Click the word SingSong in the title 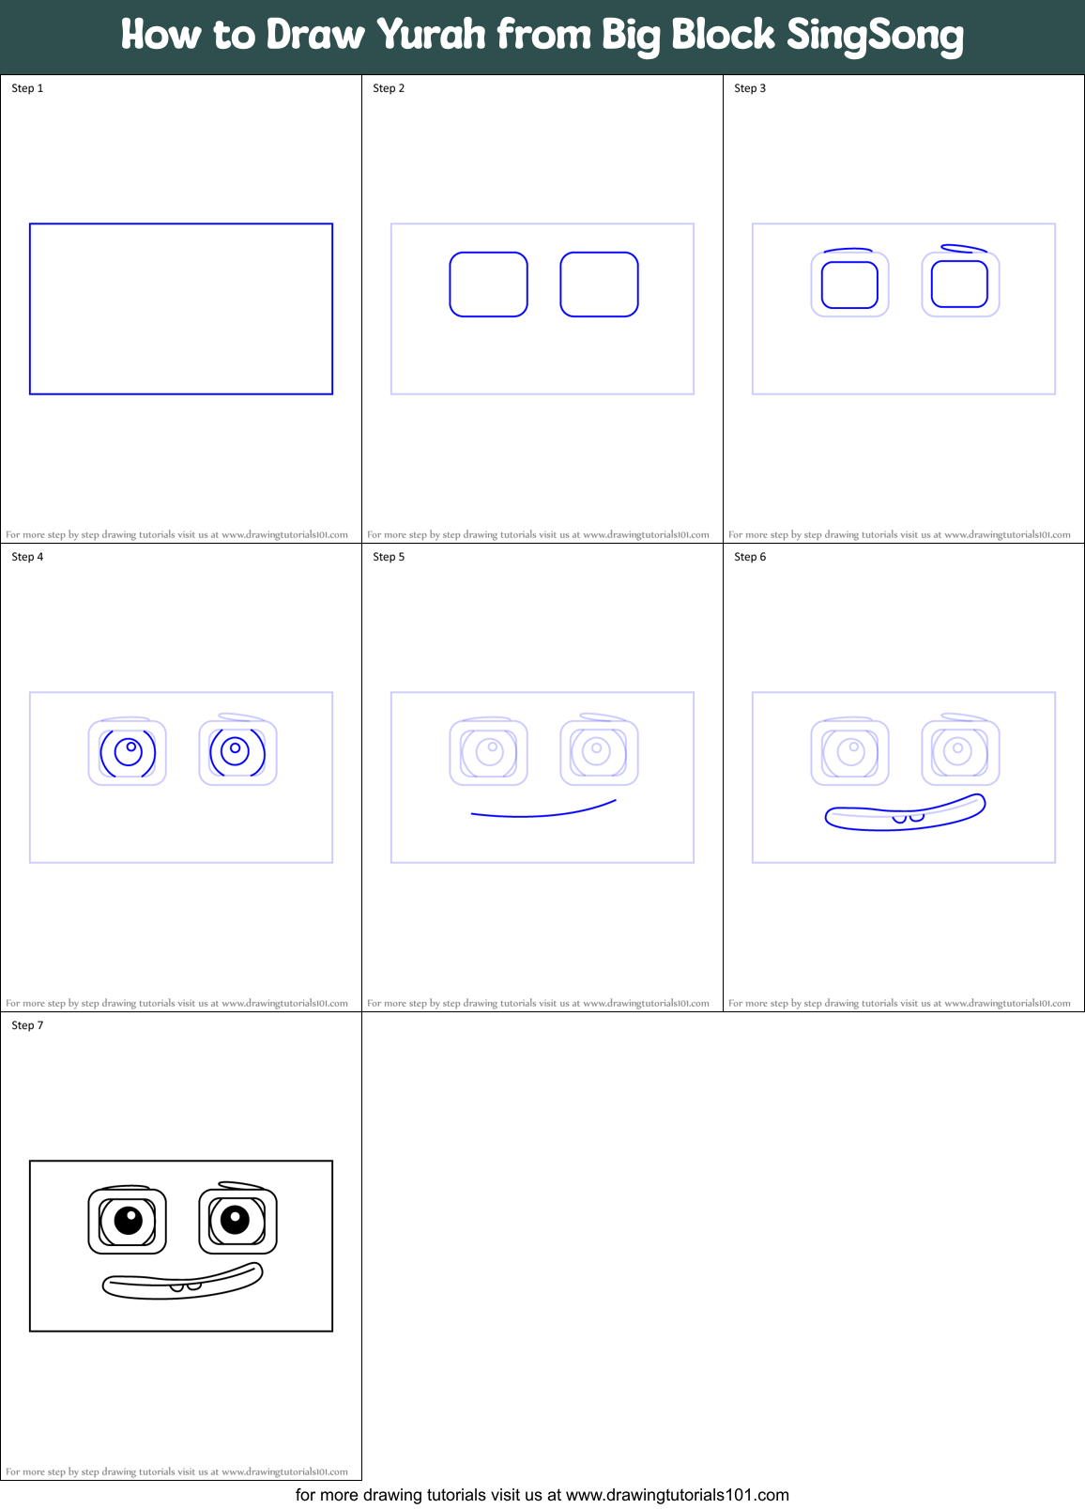point(875,36)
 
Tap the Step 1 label point(27,88)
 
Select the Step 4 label point(27,557)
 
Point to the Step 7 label point(27,1025)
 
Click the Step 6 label point(750,557)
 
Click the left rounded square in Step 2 point(488,285)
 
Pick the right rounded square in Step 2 point(599,285)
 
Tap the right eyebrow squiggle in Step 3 point(963,249)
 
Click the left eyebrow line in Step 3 point(848,251)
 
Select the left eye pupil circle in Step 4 point(132,748)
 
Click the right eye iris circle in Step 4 point(236,751)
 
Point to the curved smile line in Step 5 point(542,813)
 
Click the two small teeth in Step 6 point(908,819)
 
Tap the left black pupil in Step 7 point(128,1220)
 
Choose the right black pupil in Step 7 point(235,1220)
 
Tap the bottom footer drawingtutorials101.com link point(677,1495)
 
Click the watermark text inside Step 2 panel point(538,534)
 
